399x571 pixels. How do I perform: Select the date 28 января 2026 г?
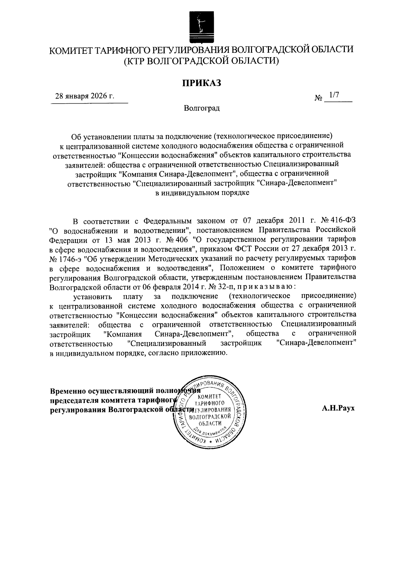coord(84,96)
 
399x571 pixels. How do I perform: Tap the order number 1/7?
coord(333,95)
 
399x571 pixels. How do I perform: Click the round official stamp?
coord(210,412)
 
